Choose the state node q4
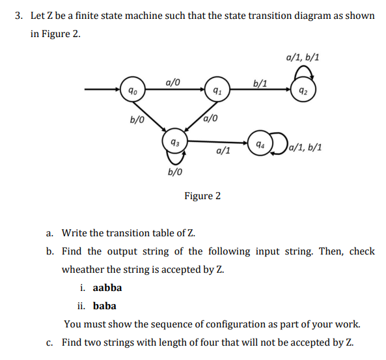click(259, 143)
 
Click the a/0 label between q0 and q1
click(173, 81)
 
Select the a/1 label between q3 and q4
click(222, 151)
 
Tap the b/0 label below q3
click(174, 173)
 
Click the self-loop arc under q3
click(174, 158)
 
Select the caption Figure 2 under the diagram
click(202, 195)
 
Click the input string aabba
click(107, 287)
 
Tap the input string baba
click(105, 305)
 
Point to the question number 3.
click(18, 14)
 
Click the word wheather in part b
click(83, 269)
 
